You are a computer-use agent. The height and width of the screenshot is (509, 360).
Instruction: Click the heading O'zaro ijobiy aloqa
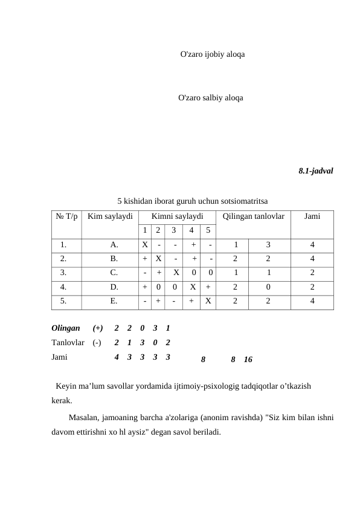click(213, 54)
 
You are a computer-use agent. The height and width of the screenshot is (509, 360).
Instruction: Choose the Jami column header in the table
click(312, 216)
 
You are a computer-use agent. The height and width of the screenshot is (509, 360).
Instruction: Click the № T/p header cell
click(66, 216)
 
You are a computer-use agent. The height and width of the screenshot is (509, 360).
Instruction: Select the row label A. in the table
click(114, 245)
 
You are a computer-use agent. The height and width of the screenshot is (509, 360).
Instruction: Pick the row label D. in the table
click(114, 287)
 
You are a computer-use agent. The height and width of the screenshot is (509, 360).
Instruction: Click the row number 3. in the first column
click(63, 273)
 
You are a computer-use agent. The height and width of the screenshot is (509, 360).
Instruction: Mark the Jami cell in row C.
click(312, 273)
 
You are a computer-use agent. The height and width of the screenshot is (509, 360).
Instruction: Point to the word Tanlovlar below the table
click(68, 343)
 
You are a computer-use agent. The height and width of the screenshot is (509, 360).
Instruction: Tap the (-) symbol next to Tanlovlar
click(97, 343)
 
